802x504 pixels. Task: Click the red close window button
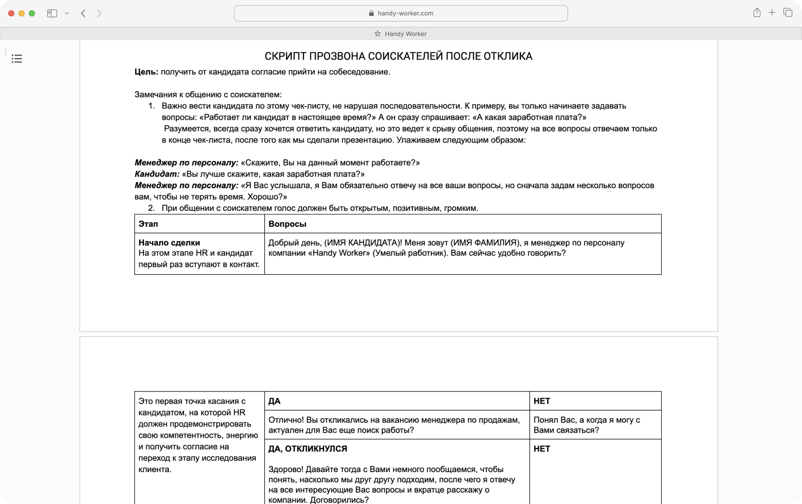pyautogui.click(x=11, y=13)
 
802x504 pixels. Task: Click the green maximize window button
pyautogui.click(x=32, y=13)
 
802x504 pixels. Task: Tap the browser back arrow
pyautogui.click(x=83, y=13)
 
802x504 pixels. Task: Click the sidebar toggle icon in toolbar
pyautogui.click(x=52, y=13)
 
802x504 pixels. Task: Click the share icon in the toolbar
pyautogui.click(x=757, y=13)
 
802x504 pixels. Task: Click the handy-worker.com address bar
pyautogui.click(x=400, y=13)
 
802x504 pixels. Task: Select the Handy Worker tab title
pyautogui.click(x=405, y=34)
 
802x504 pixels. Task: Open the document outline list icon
pyautogui.click(x=17, y=59)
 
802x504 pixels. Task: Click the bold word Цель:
pyautogui.click(x=147, y=72)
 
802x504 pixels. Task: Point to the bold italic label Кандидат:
pyautogui.click(x=157, y=174)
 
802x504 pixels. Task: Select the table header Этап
pyautogui.click(x=148, y=224)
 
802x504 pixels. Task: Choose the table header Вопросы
pyautogui.click(x=287, y=224)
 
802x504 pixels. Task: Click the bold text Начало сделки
pyautogui.click(x=169, y=243)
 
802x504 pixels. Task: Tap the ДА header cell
pyautogui.click(x=275, y=401)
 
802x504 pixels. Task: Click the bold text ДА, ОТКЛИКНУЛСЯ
pyautogui.click(x=307, y=449)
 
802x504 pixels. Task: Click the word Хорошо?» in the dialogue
pyautogui.click(x=267, y=197)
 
